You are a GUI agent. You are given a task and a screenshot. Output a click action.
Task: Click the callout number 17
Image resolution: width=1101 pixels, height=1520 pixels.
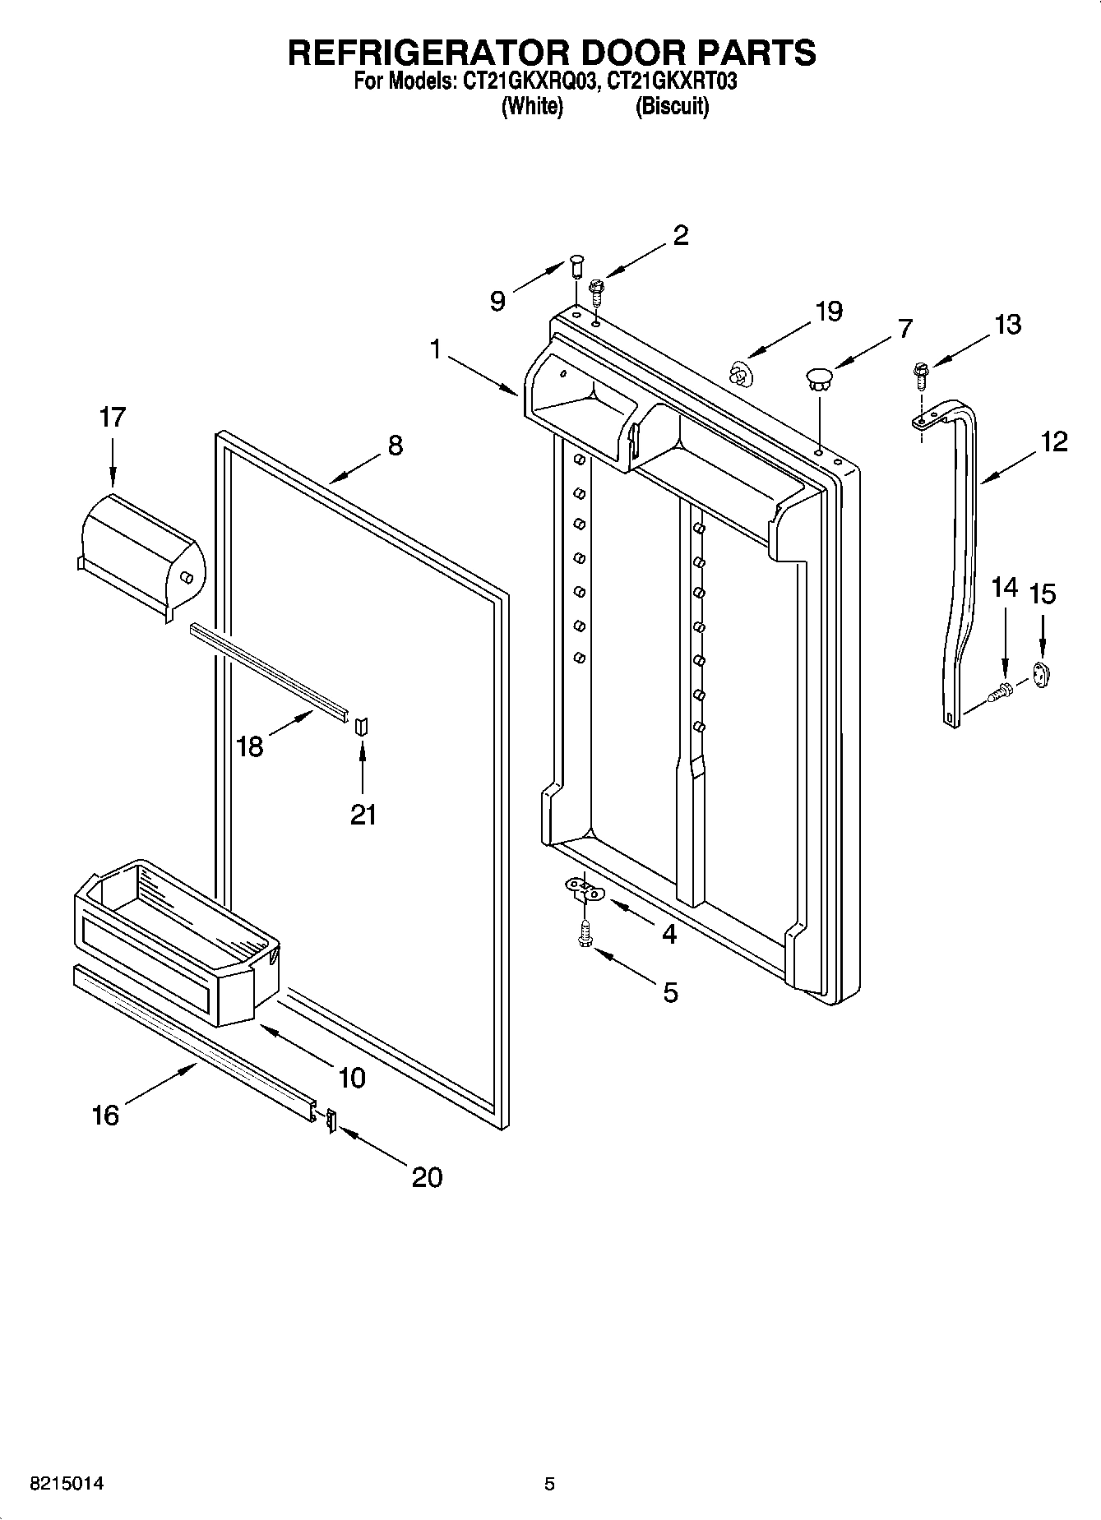[113, 418]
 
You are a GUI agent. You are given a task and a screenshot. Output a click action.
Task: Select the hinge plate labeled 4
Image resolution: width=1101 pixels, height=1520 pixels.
[583, 888]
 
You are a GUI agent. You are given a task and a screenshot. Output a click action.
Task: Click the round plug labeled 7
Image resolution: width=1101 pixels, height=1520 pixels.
[819, 378]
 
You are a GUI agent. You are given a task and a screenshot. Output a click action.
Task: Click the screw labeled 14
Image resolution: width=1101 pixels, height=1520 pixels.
[1002, 691]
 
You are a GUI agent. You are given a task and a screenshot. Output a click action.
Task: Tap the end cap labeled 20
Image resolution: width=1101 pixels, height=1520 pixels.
[331, 1120]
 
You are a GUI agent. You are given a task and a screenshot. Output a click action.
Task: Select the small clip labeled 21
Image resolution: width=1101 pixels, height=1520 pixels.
[362, 725]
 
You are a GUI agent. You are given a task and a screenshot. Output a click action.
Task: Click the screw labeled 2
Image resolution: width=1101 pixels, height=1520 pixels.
[596, 289]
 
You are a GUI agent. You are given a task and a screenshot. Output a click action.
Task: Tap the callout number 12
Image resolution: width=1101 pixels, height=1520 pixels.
[1053, 441]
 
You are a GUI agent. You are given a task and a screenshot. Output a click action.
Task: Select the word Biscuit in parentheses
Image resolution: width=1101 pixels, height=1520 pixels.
[671, 106]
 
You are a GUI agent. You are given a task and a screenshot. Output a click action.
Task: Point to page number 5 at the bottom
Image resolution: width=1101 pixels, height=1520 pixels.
[549, 1484]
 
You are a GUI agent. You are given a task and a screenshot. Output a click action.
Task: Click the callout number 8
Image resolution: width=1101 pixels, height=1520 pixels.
[395, 446]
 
